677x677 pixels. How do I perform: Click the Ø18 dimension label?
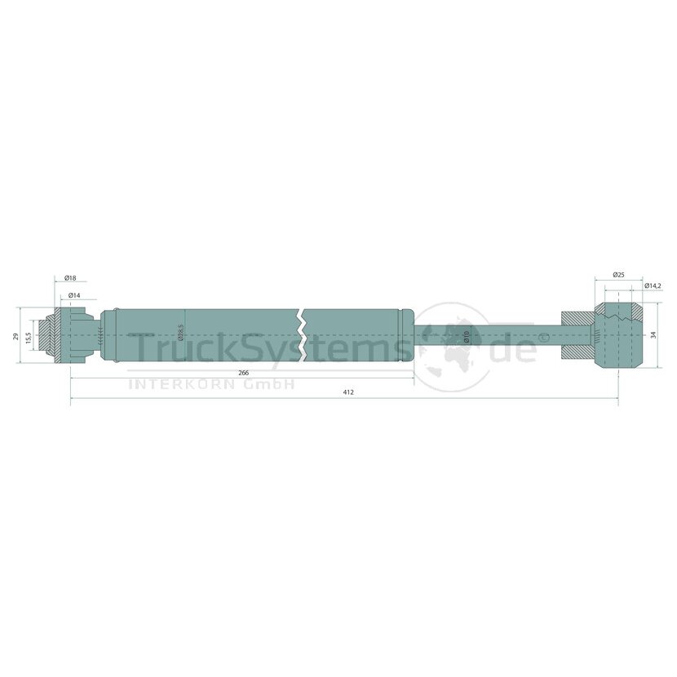tap(70, 278)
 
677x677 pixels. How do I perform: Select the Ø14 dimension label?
tap(74, 295)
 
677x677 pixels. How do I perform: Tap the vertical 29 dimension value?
tap(15, 336)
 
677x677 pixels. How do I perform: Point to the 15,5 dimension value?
tap(29, 337)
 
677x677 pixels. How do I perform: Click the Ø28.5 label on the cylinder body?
tap(181, 332)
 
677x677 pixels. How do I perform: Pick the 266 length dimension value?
tap(244, 373)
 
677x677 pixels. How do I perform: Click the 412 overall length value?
tap(348, 392)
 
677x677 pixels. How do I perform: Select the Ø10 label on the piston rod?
tap(467, 336)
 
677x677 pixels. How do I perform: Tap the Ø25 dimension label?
tap(619, 275)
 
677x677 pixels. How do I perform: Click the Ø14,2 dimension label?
tap(653, 285)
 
